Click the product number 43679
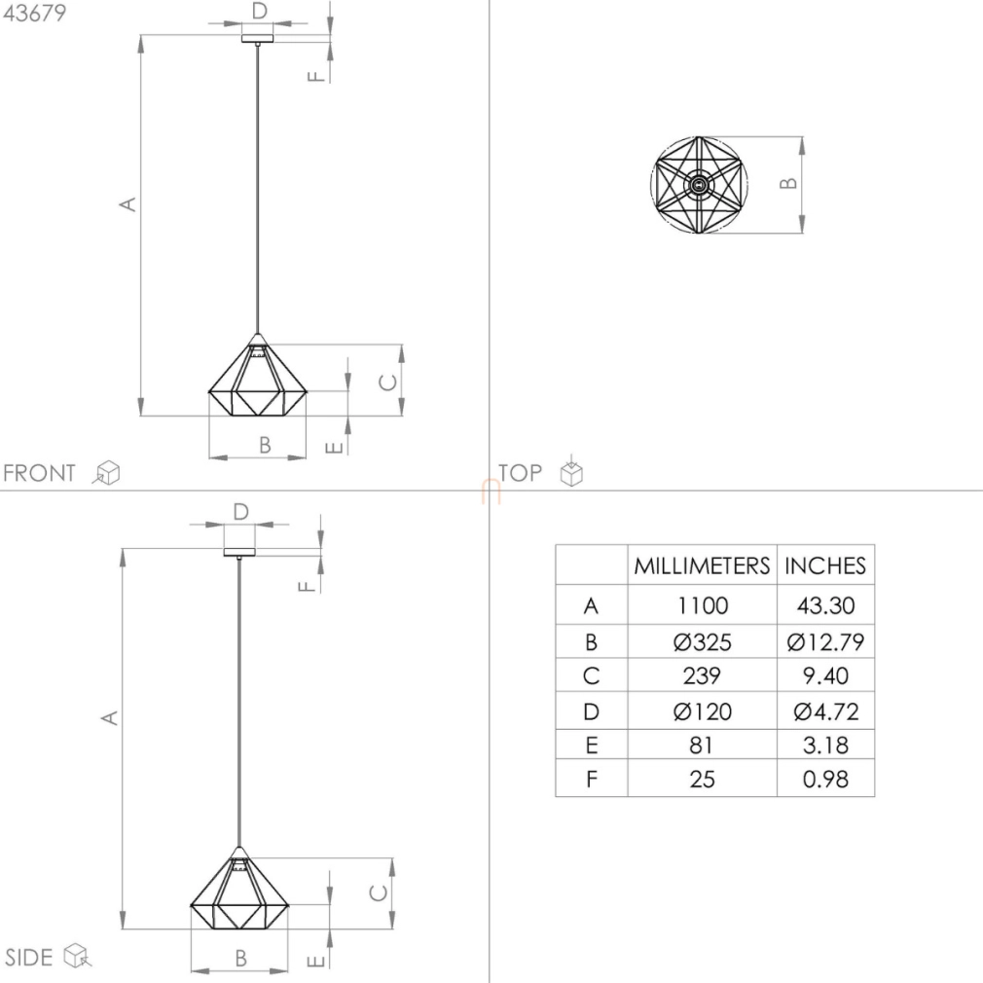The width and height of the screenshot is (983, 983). (x=34, y=13)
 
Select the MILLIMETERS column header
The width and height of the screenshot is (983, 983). (x=702, y=565)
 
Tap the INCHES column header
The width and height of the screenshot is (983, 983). (x=825, y=565)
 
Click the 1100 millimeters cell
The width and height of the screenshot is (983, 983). (x=702, y=605)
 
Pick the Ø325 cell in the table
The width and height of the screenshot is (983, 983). (x=702, y=642)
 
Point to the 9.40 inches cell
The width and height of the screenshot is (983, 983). (x=825, y=675)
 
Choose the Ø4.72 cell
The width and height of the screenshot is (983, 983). (x=825, y=711)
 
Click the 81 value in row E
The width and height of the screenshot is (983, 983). (x=702, y=746)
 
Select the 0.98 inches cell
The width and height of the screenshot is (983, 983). (x=825, y=780)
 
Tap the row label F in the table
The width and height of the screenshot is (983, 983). (x=591, y=780)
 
